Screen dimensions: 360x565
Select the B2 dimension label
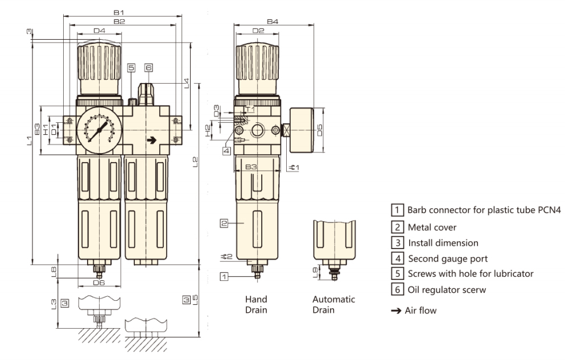click(x=119, y=21)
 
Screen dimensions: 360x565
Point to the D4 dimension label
click(x=100, y=30)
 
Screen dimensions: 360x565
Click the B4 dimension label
click(x=273, y=21)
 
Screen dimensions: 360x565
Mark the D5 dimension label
click(x=319, y=131)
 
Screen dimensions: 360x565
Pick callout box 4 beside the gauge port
click(x=226, y=151)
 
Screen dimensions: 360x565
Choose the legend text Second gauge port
click(x=448, y=258)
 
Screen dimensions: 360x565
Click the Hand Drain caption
click(x=256, y=304)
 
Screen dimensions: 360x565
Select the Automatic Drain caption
click(x=333, y=304)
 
